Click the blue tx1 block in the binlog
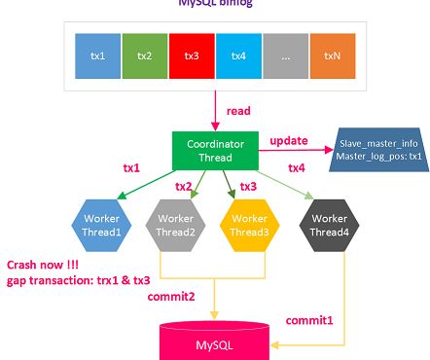coord(98,55)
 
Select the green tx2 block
coord(145,55)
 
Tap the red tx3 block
coord(192,55)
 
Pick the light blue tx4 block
coord(238,55)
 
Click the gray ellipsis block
coord(285,55)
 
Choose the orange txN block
coord(331,55)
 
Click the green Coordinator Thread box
coord(215,150)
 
